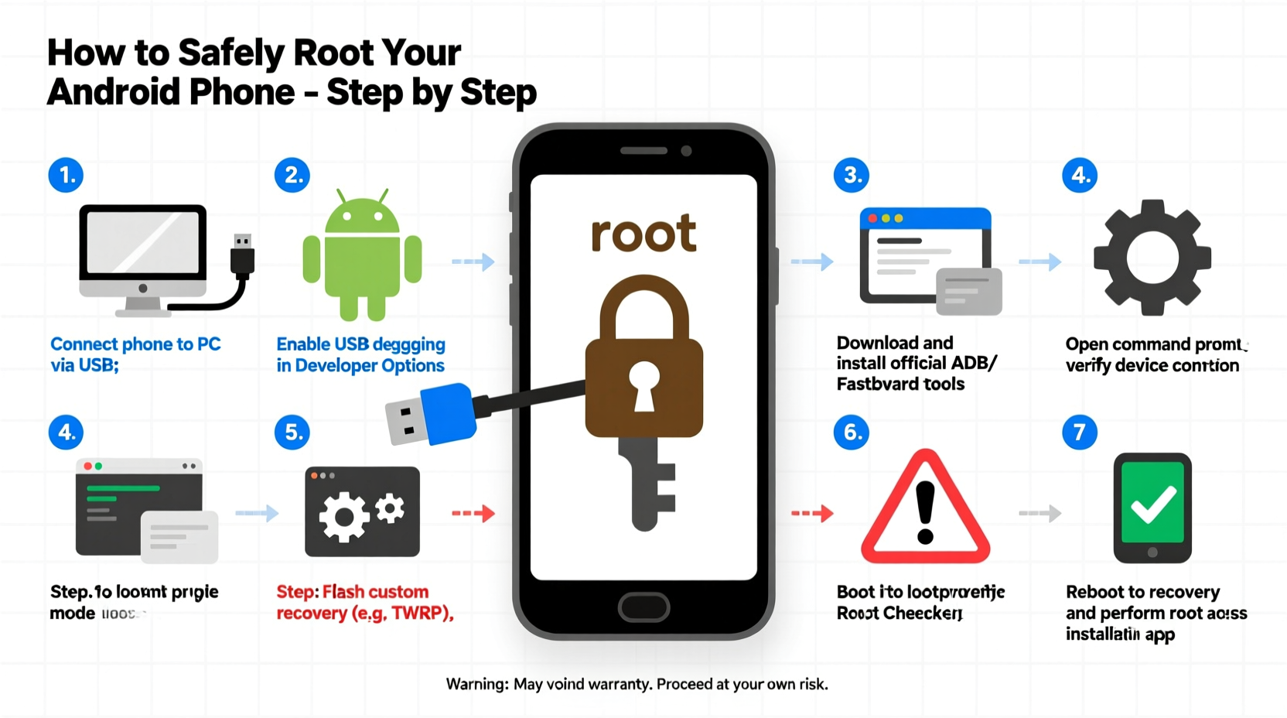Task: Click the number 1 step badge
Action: pyautogui.click(x=67, y=176)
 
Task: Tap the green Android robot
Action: pyautogui.click(x=362, y=255)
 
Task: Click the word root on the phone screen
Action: pyautogui.click(x=643, y=234)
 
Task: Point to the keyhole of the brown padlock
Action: pyautogui.click(x=643, y=385)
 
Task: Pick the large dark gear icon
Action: pyautogui.click(x=1152, y=257)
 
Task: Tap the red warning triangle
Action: pyautogui.click(x=925, y=509)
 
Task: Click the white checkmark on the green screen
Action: pyautogui.click(x=1152, y=504)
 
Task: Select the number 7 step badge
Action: pyautogui.click(x=1080, y=432)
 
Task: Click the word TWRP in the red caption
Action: pyautogui.click(x=420, y=614)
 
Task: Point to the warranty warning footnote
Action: pyautogui.click(x=637, y=684)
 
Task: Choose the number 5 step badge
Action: pyautogui.click(x=292, y=432)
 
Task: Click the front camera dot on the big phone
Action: pyautogui.click(x=686, y=151)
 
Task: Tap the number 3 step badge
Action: pyautogui.click(x=852, y=176)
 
